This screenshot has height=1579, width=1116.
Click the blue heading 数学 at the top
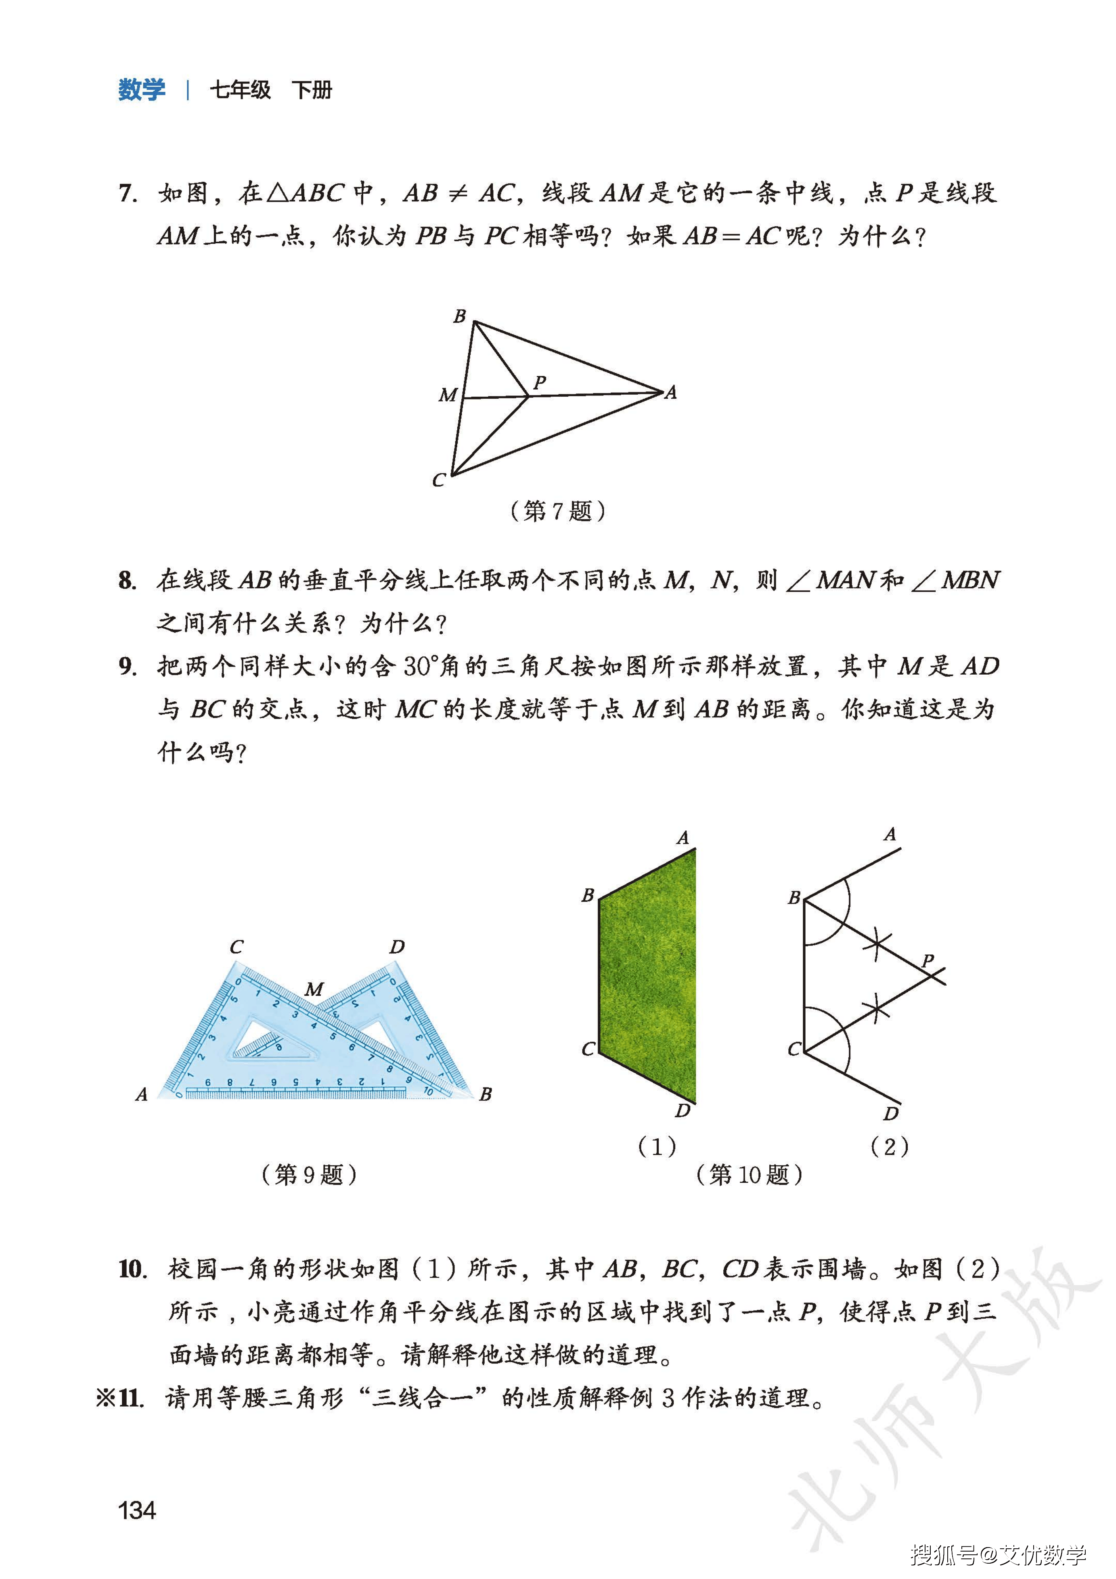[142, 90]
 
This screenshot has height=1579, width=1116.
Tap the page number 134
[137, 1510]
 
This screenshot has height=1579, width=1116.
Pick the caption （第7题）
[557, 511]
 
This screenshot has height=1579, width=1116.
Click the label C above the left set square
[236, 947]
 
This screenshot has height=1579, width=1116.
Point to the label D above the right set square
[397, 947]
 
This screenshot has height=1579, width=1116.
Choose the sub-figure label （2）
[889, 1146]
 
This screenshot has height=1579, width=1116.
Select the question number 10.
[133, 1269]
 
